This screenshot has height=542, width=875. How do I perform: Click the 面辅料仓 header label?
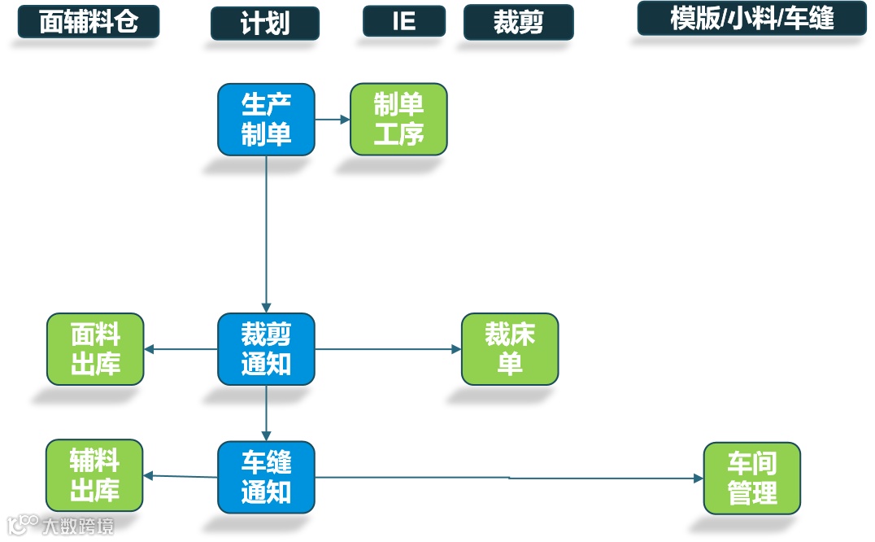pos(88,22)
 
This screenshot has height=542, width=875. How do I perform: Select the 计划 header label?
pos(265,24)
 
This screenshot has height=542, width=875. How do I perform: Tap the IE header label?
pos(404,21)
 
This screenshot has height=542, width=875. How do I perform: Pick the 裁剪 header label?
pos(518,23)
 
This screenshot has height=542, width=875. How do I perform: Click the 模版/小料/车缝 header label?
pos(751,19)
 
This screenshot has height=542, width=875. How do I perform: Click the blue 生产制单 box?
pos(266,119)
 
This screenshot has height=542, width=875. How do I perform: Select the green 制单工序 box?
pos(398,119)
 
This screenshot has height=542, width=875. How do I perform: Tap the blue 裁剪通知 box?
pos(266,349)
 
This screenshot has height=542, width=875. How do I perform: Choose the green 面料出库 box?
pos(95,349)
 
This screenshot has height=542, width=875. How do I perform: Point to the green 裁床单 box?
pos(510,349)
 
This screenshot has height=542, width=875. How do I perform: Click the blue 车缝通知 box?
pos(266,478)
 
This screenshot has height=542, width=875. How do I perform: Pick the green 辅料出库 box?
pos(94,476)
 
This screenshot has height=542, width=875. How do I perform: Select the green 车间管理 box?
pos(751,479)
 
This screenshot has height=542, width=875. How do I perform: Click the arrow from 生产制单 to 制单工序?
pos(332,119)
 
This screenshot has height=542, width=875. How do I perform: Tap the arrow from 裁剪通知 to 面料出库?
pos(181,350)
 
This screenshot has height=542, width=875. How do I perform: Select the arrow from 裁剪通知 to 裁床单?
pos(388,349)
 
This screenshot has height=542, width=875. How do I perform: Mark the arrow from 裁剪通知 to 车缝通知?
pos(266,413)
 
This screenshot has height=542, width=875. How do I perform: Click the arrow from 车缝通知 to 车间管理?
pos(508,478)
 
